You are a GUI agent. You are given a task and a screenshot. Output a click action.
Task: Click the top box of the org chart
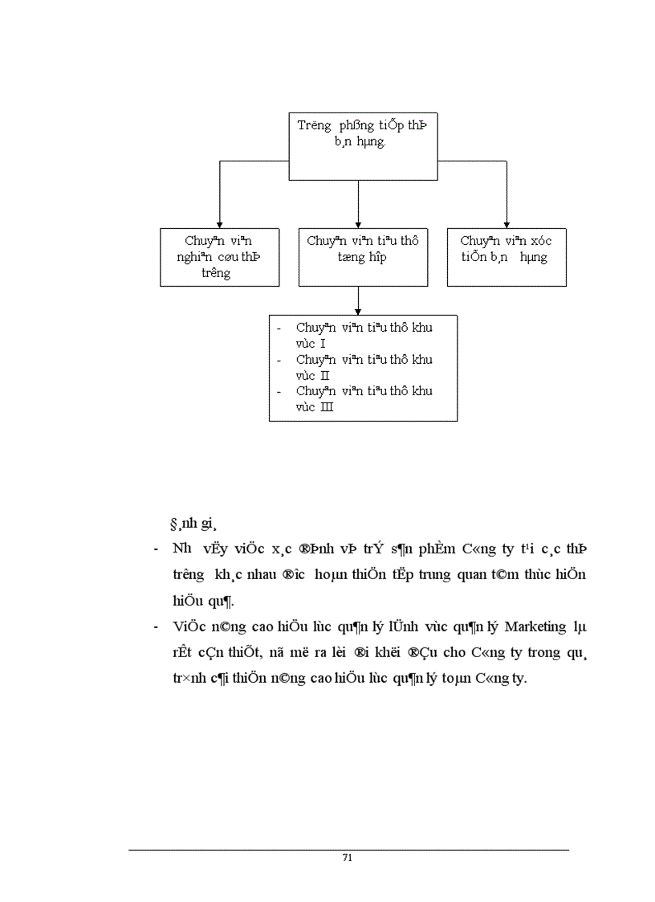(363, 146)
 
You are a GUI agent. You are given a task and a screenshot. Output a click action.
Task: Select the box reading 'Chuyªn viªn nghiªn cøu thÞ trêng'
(219, 257)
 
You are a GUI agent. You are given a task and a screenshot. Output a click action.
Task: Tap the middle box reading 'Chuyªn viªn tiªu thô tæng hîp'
(363, 257)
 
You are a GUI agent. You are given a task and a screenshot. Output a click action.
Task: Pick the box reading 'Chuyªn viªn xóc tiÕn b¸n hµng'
(506, 257)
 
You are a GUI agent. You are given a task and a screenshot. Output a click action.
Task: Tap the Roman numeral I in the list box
(323, 344)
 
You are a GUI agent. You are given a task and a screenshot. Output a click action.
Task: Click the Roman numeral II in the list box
(325, 375)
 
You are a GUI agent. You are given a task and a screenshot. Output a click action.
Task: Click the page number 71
(348, 857)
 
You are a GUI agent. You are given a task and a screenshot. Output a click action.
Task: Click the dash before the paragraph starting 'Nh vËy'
(154, 549)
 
